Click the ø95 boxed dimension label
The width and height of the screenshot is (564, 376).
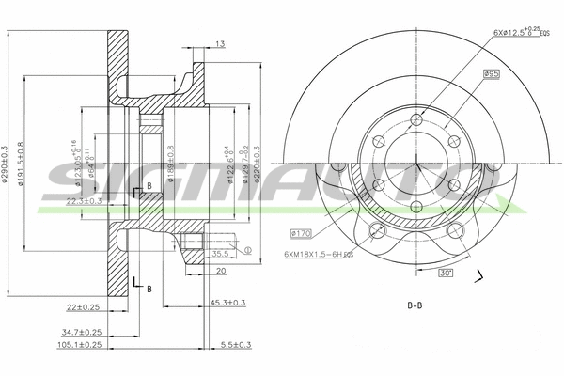pos(490,73)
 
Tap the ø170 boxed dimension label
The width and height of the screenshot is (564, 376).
pos(302,231)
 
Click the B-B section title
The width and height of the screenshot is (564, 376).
pos(415,306)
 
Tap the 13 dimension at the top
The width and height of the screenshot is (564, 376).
pos(219,43)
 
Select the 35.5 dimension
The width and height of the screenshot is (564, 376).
pos(221,253)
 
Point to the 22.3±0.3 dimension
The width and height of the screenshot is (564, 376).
pos(86,200)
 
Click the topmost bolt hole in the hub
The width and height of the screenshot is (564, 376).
pos(414,119)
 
